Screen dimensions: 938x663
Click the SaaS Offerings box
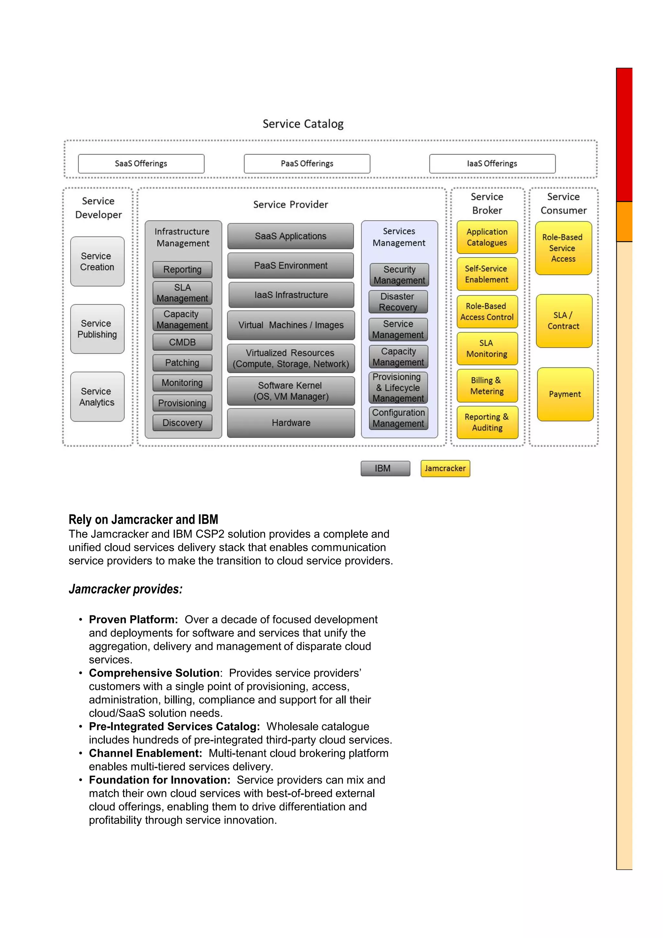[x=141, y=163]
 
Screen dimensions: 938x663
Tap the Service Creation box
[x=97, y=262]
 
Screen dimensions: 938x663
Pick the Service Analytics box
[x=97, y=397]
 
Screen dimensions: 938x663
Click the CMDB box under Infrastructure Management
[x=182, y=342]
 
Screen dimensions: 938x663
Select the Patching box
[x=182, y=363]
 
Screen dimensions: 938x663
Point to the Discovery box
[x=182, y=423]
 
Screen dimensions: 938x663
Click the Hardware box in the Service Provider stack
[x=291, y=423]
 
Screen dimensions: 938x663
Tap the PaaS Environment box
[x=290, y=265]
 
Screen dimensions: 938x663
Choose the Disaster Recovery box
[x=398, y=302]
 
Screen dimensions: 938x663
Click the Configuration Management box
[x=398, y=418]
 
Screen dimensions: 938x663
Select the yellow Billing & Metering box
[x=487, y=386]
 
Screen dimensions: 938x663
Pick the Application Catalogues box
[x=487, y=237]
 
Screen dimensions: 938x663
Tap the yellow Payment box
[x=565, y=394]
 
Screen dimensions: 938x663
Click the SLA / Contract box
[x=564, y=321]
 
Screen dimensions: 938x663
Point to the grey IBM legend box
[x=385, y=469]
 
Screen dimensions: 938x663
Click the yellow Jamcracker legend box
[x=445, y=469]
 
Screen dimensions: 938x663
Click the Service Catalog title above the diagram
[x=303, y=124]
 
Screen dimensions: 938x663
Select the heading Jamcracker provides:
[x=125, y=589]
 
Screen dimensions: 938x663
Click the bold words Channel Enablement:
[x=145, y=753]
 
